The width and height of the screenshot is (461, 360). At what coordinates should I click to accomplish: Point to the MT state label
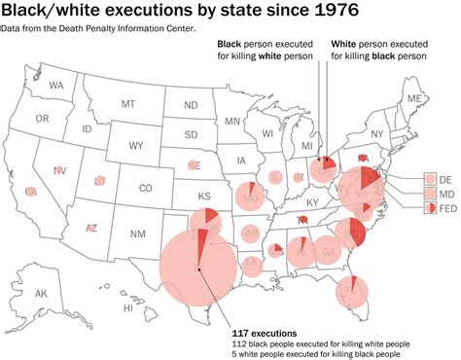coord(128,104)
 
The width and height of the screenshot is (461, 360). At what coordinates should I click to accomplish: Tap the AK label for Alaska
coord(42,293)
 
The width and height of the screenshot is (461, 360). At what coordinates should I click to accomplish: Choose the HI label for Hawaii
coord(127,307)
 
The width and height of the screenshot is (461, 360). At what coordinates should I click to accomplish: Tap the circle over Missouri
coord(250,196)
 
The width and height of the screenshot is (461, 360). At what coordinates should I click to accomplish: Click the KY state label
coord(311,202)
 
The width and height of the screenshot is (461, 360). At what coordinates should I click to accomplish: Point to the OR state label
coord(42,119)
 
